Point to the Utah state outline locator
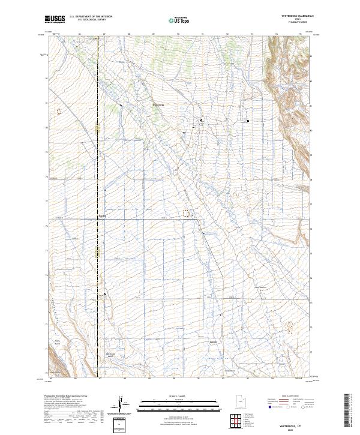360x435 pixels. pos(235,401)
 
